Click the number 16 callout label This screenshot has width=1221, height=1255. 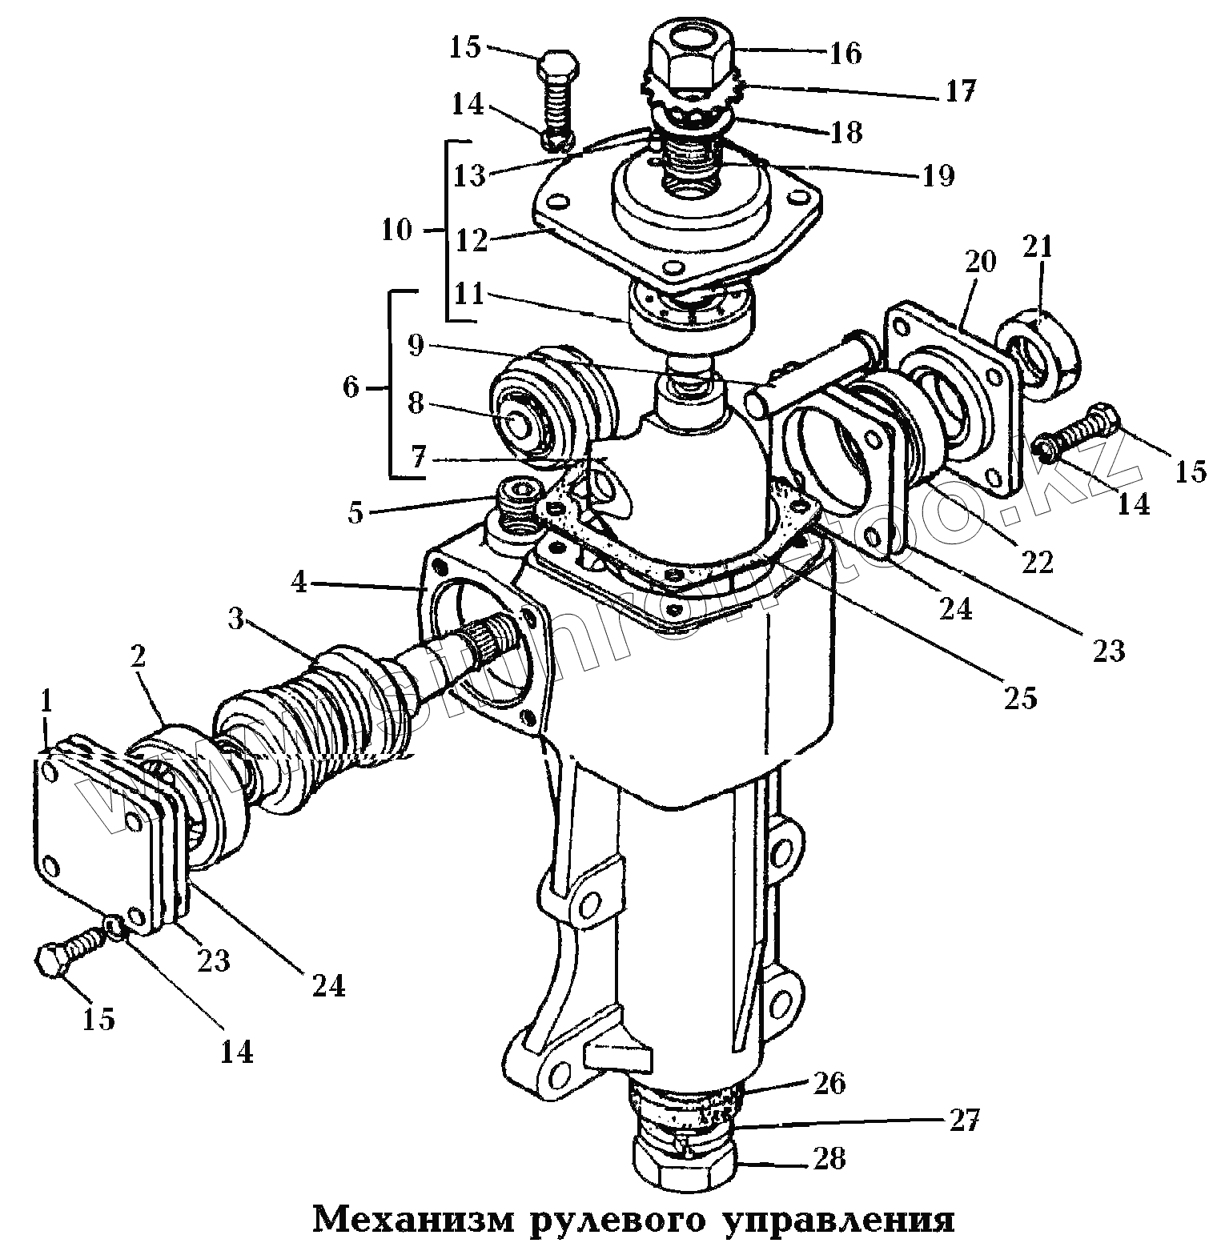[x=845, y=53]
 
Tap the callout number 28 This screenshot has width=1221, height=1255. [x=829, y=1158]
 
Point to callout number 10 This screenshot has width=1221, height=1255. [x=397, y=231]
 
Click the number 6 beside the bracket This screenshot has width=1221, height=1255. [x=351, y=388]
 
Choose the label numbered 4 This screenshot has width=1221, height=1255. [x=299, y=581]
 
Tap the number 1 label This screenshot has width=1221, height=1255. [x=46, y=702]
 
